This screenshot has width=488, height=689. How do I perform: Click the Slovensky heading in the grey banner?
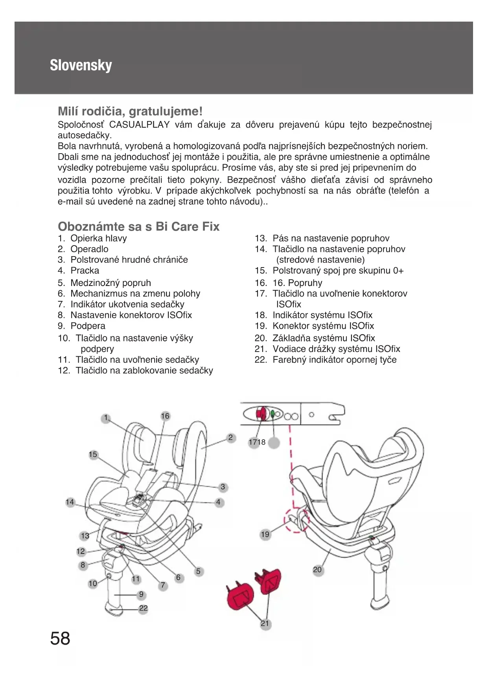click(81, 65)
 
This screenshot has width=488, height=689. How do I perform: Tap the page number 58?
click(60, 638)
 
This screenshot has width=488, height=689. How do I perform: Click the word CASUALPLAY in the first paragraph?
click(139, 125)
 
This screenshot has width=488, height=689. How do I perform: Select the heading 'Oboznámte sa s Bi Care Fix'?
click(138, 227)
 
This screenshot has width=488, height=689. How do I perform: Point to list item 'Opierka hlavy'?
click(98, 238)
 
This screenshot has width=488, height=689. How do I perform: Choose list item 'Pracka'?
click(85, 271)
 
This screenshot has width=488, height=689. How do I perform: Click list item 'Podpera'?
click(88, 326)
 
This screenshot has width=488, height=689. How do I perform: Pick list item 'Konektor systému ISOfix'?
click(323, 326)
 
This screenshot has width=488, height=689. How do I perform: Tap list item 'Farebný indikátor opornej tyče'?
click(334, 360)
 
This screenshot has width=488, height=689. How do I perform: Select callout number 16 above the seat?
click(165, 416)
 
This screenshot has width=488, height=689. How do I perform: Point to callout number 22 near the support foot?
click(144, 608)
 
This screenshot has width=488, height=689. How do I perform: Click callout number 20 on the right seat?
click(317, 570)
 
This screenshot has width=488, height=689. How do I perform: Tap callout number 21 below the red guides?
click(265, 624)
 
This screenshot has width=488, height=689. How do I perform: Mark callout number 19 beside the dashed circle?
click(265, 534)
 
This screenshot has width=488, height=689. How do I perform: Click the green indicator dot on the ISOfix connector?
click(273, 414)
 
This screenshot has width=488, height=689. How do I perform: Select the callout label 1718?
click(257, 442)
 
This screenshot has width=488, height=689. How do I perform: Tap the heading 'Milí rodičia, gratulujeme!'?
click(130, 111)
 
